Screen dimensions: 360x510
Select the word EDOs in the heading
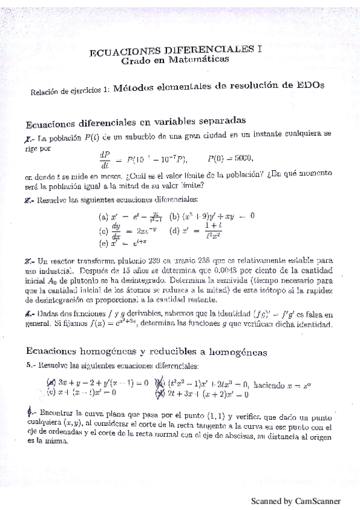[311, 85]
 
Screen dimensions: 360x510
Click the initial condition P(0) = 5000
[230, 158]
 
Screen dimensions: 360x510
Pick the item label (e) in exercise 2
[103, 244]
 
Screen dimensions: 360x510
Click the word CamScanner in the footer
[317, 500]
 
